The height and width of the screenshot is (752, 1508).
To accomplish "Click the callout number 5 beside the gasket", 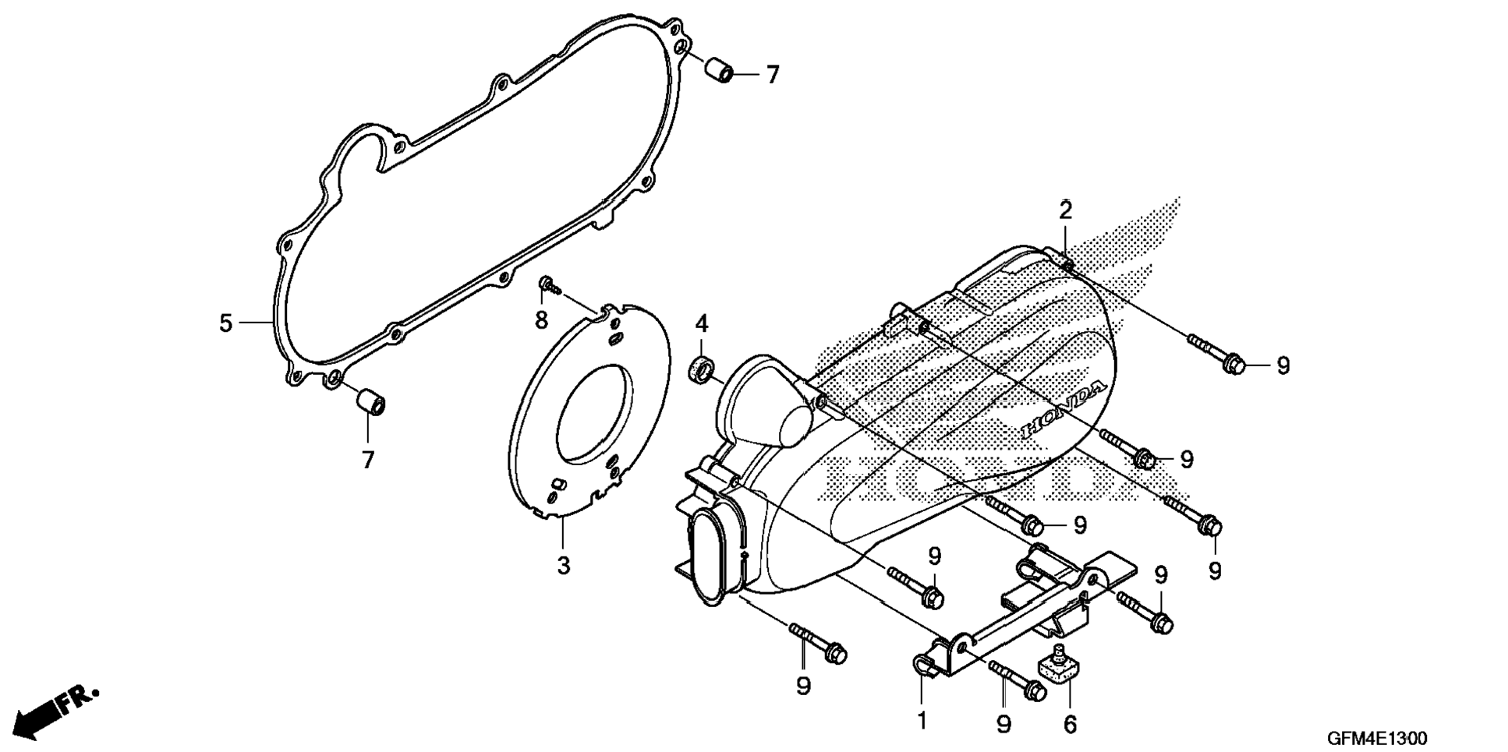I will (225, 323).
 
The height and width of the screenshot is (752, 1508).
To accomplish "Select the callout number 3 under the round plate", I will (563, 565).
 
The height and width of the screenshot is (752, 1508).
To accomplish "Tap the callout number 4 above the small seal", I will (701, 323).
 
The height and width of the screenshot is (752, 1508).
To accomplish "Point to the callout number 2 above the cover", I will (1065, 210).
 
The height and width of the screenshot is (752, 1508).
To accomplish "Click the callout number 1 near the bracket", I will (922, 721).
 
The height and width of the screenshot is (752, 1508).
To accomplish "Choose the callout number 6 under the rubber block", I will (1070, 724).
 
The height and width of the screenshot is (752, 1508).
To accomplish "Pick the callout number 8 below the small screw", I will (541, 319).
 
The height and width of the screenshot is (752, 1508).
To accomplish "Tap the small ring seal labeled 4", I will (702, 369).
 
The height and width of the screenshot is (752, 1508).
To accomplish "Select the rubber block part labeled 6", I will (1059, 667).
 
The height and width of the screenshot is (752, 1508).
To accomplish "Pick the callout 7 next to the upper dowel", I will (771, 75).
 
